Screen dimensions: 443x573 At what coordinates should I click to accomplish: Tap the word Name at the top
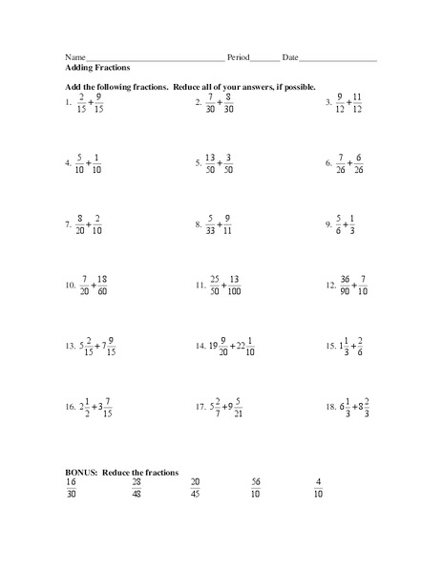75,57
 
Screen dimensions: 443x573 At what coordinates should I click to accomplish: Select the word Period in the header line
239,57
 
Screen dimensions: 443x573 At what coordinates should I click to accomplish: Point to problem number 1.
69,102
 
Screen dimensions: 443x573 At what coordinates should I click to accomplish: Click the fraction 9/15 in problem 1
99,102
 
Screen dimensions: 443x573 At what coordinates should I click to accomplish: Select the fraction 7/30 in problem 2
210,102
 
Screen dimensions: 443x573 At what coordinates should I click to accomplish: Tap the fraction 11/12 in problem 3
358,102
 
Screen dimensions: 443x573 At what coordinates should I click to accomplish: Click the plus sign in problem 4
88,163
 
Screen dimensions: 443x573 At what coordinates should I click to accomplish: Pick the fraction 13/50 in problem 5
211,163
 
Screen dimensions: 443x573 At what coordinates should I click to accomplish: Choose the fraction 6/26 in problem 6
358,163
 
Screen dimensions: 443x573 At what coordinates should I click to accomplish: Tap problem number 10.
70,286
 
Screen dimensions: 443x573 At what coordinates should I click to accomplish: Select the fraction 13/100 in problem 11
234,285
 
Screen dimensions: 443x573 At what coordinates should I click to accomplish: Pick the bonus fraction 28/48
137,487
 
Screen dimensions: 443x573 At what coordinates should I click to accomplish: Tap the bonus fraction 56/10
256,487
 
